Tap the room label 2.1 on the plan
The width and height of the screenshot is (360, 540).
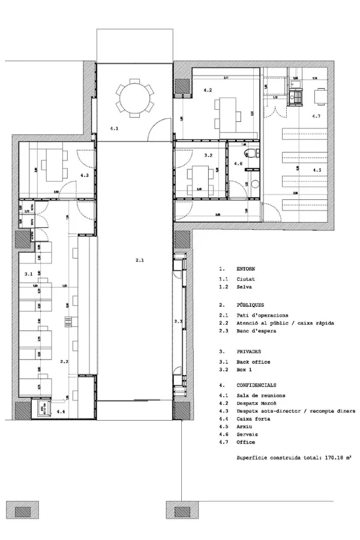139,260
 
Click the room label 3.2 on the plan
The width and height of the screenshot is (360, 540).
208,155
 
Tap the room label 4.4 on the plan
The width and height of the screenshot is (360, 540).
62,412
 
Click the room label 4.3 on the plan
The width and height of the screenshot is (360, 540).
85,175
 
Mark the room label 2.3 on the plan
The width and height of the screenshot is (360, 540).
178,322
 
